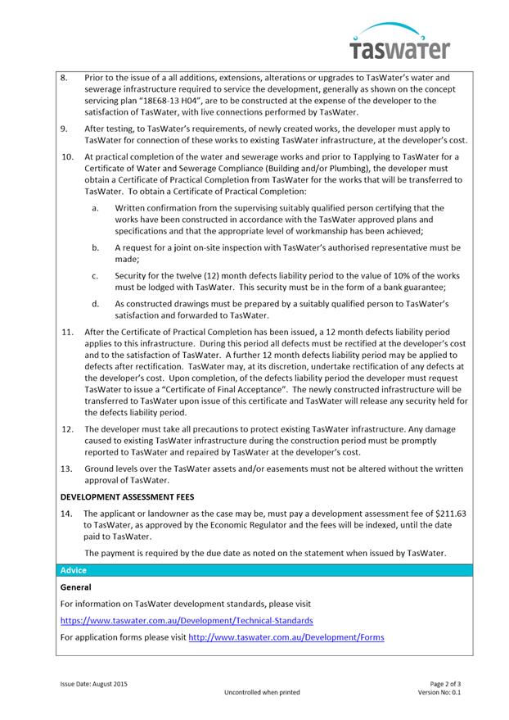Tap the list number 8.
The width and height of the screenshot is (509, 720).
tap(65, 77)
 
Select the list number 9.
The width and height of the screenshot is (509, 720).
tap(65, 129)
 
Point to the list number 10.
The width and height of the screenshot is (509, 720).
tap(67, 156)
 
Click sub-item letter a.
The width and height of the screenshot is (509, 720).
tap(96, 208)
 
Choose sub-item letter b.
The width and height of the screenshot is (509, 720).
tap(96, 247)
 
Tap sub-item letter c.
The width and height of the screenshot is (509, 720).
tap(96, 275)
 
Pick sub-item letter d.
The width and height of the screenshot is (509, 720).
tap(96, 304)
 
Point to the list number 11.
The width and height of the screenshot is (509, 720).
tap(67, 332)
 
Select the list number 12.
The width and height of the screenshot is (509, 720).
tap(67, 428)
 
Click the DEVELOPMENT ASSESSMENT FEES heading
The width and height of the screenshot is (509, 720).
tap(128, 496)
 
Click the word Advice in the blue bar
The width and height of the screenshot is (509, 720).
tap(73, 570)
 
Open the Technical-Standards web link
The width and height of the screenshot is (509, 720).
tap(186, 620)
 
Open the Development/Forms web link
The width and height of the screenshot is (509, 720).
tap(286, 636)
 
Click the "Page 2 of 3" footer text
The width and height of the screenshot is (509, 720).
tap(445, 683)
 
